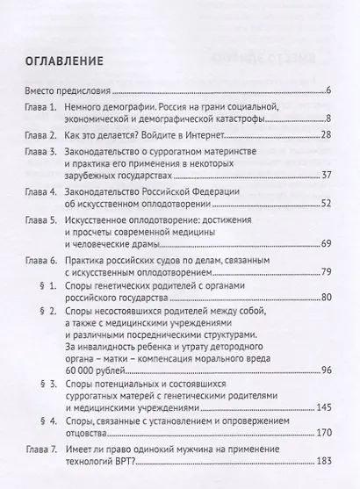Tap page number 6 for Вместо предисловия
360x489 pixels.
pyautogui.click(x=327, y=91)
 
